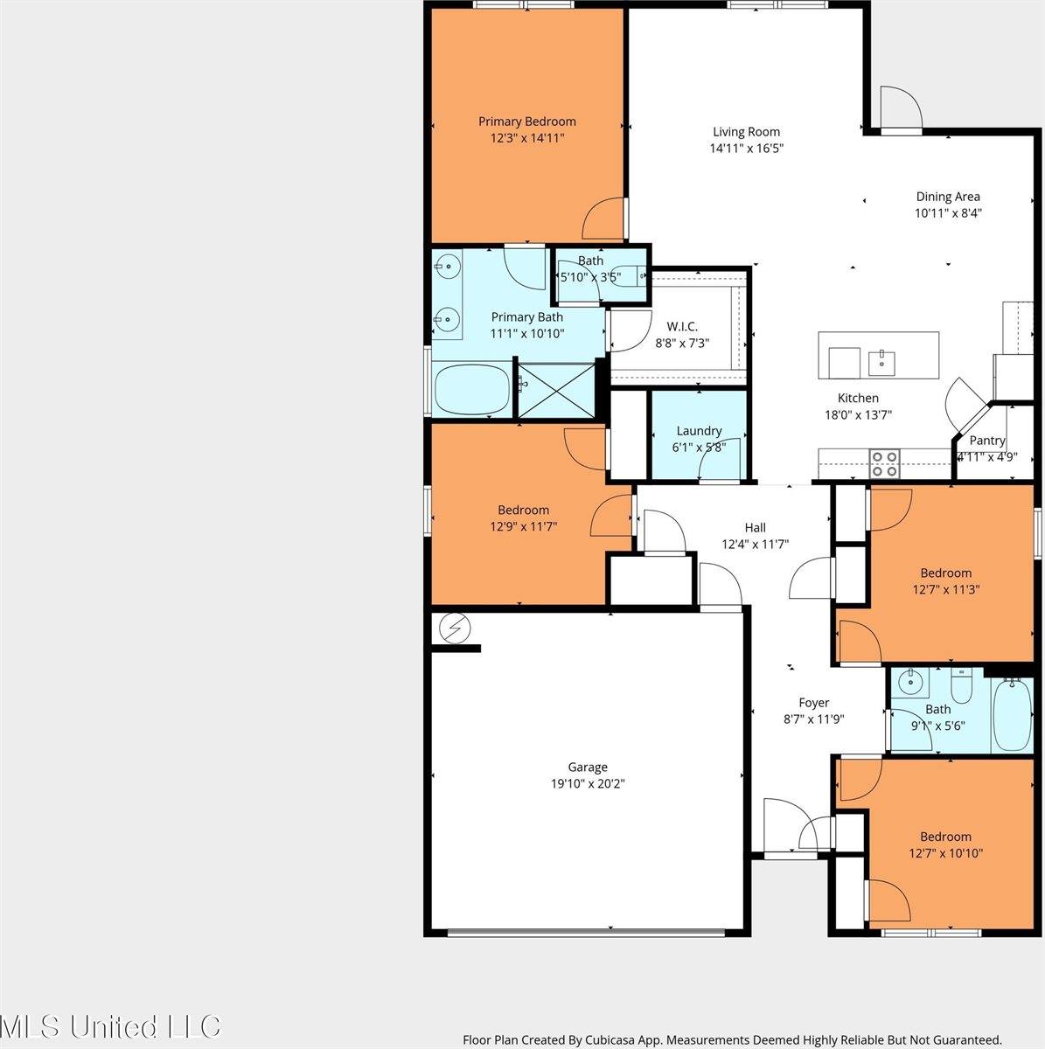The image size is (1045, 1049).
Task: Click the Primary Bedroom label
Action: (x=526, y=122)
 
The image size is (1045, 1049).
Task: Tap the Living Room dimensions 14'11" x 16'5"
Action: (x=746, y=149)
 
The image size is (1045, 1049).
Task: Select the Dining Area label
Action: (x=947, y=197)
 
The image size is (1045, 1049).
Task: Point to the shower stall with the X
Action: (x=557, y=388)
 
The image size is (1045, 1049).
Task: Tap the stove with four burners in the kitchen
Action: (x=885, y=462)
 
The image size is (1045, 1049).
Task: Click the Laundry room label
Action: (x=699, y=430)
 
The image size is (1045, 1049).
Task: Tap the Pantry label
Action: (x=987, y=441)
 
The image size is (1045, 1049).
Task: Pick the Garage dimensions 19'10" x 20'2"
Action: (x=587, y=784)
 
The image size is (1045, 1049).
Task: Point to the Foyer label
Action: (x=813, y=702)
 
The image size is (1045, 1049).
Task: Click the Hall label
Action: (x=755, y=527)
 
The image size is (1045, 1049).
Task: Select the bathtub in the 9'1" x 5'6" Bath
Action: (x=1014, y=712)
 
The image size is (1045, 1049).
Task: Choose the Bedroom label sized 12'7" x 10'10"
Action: (x=945, y=837)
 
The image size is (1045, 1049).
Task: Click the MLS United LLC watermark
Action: (x=111, y=1026)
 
